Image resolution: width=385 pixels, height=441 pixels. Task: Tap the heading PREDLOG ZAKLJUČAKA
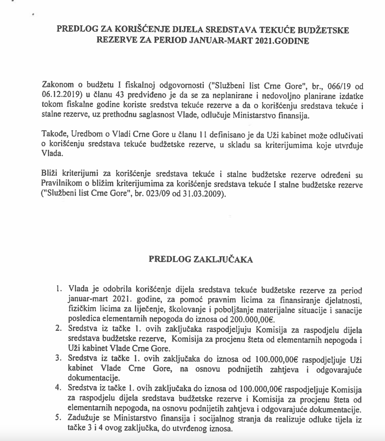201,260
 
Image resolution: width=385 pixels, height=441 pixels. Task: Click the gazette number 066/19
339,86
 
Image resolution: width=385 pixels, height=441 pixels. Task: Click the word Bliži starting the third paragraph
49,175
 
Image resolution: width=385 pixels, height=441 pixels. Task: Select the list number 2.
58,328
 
